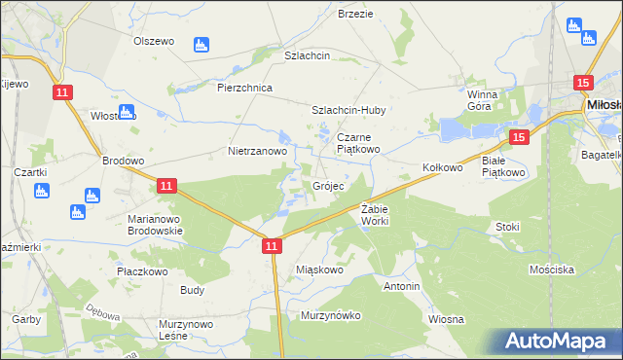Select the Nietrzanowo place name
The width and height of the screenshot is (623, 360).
click(x=257, y=152)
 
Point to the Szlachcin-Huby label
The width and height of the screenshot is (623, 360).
click(x=348, y=110)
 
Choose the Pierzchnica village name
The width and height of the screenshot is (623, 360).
click(x=244, y=87)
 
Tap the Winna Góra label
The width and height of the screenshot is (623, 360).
click(x=482, y=100)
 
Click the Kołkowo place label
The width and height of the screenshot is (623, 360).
click(x=442, y=167)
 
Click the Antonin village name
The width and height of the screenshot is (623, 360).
click(x=401, y=287)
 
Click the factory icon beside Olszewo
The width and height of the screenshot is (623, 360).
click(x=202, y=44)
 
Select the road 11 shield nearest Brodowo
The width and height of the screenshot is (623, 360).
click(x=166, y=185)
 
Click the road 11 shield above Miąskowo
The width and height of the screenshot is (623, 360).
click(x=273, y=248)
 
